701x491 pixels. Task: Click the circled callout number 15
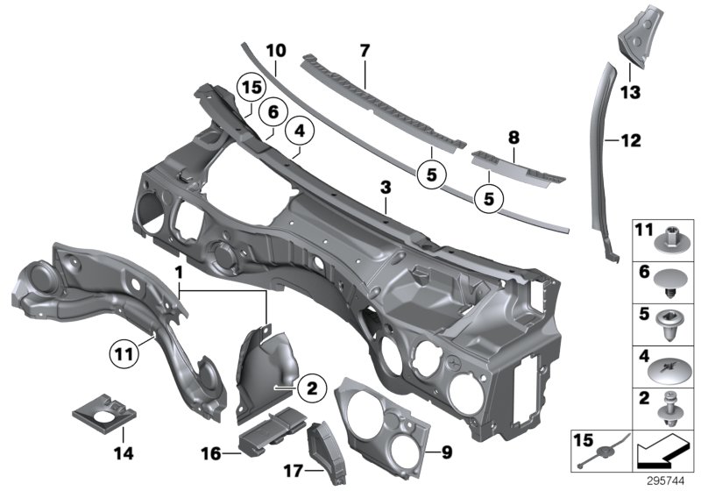tap(251, 87)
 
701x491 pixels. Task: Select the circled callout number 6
tap(273, 112)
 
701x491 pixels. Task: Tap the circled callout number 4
tap(300, 131)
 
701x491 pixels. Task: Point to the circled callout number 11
tap(124, 354)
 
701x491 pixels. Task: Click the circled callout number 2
tap(312, 388)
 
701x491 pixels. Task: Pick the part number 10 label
tap(276, 51)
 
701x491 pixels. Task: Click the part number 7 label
tap(365, 51)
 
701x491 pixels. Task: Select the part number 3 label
tap(386, 188)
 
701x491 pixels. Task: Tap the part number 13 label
tap(630, 93)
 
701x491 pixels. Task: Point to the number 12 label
tap(631, 140)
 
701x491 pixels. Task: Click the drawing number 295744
tap(666, 481)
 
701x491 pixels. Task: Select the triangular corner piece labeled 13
tap(634, 37)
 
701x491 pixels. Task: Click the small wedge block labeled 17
tap(327, 452)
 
